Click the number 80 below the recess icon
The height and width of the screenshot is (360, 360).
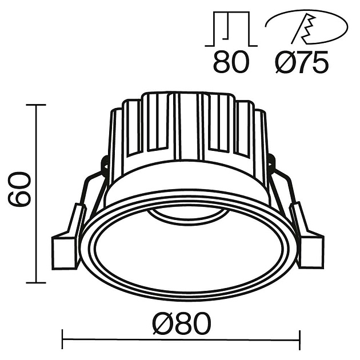(x=231, y=62)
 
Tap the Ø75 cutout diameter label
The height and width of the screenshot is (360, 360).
(x=302, y=62)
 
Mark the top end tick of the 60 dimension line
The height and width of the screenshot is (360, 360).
(x=36, y=105)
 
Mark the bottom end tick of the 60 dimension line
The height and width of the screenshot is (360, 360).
(x=36, y=282)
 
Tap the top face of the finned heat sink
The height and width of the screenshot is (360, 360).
(x=189, y=95)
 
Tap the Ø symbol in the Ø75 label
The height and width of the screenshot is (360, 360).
(x=283, y=62)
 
